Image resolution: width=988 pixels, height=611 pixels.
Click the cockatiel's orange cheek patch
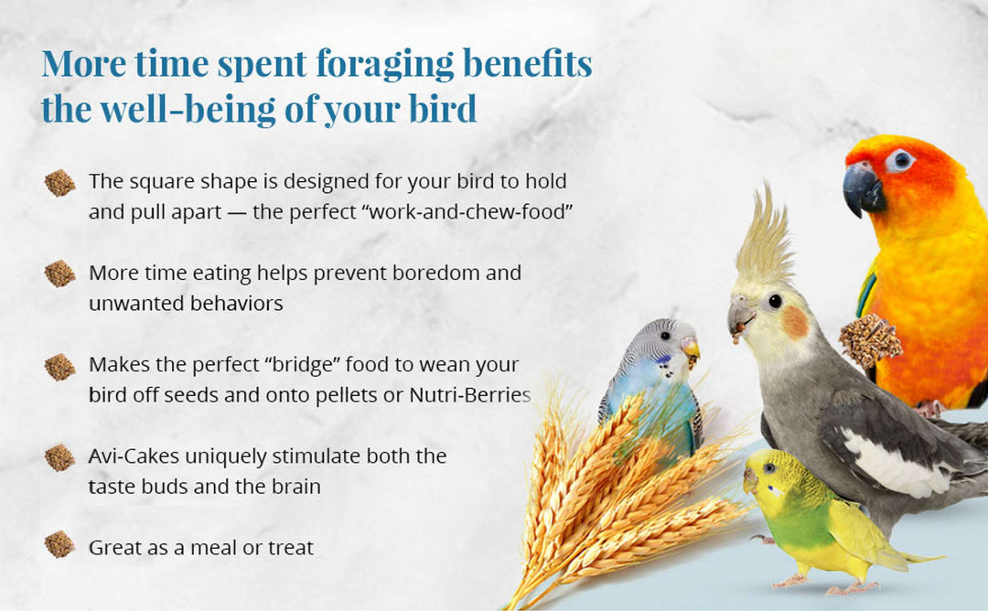tap(795, 321)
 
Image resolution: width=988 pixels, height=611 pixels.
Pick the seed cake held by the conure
tap(870, 339)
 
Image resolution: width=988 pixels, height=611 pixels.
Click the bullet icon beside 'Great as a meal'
tap(59, 545)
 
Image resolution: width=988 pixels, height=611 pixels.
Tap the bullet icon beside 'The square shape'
tap(59, 183)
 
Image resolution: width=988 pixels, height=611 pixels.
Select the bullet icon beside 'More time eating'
tap(59, 273)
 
